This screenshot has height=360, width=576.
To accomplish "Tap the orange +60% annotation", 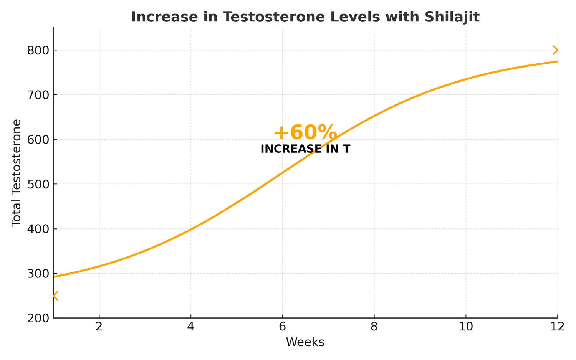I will (305, 133).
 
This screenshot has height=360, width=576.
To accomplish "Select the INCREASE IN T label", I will (305, 149).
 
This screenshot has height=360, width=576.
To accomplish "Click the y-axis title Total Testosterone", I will (16, 173).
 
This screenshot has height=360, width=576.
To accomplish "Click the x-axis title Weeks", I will (305, 342).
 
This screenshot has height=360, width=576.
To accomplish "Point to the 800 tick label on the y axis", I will (37, 50).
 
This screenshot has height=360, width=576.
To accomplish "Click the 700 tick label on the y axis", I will (37, 95).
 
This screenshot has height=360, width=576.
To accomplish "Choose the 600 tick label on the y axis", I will (37, 140).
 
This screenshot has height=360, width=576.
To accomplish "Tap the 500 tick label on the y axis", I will (37, 184).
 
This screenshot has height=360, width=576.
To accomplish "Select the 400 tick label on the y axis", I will (37, 229).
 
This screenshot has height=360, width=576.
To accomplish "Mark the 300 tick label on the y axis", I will (37, 274).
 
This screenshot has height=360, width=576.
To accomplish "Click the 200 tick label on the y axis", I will (37, 318).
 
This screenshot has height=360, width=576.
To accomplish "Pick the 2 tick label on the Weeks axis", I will (99, 327).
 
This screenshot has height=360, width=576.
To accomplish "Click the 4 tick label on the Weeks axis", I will (191, 327).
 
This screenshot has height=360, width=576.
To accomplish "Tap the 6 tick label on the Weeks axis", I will (283, 327).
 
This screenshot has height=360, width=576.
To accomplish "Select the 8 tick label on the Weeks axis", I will (374, 327).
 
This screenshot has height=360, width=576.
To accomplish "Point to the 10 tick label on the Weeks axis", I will (466, 327).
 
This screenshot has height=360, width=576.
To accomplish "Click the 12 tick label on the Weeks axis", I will (557, 327).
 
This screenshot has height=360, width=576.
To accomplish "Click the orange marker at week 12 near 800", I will (555, 50).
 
